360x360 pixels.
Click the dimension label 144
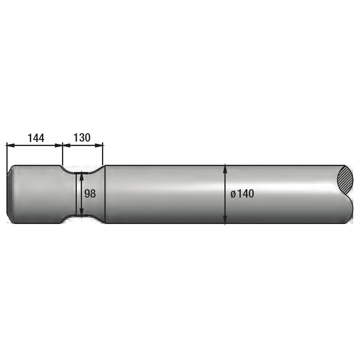[36, 138]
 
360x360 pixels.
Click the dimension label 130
[82, 138]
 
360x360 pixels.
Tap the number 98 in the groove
[90, 194]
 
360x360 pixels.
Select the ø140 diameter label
[242, 194]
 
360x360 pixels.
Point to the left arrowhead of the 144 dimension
[10, 145]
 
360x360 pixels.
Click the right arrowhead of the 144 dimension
[58, 145]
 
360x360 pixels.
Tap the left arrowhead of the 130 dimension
[66, 145]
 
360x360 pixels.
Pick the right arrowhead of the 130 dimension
[99, 145]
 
